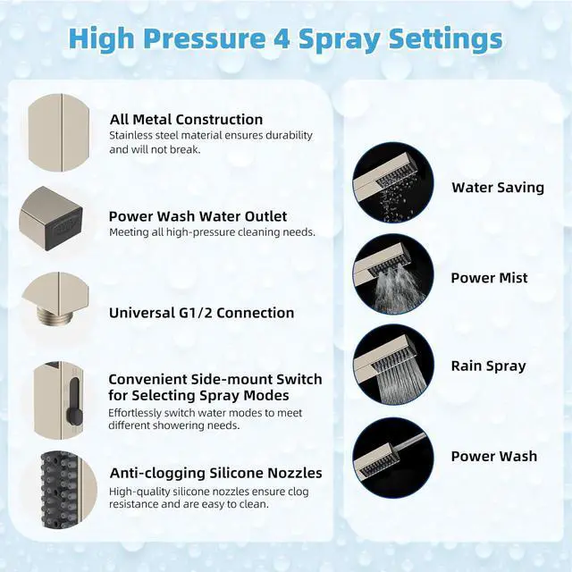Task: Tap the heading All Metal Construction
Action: click(x=186, y=119)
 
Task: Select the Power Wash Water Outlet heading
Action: click(x=198, y=216)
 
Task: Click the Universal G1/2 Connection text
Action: click(x=201, y=313)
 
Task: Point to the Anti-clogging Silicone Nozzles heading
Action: click(x=216, y=473)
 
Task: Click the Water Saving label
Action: click(x=498, y=188)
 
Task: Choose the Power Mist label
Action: click(x=489, y=278)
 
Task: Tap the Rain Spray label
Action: click(x=489, y=366)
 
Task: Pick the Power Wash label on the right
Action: click(x=494, y=456)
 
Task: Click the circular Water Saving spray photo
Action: click(x=393, y=182)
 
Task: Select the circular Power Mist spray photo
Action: click(x=393, y=273)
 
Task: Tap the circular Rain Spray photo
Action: click(x=393, y=365)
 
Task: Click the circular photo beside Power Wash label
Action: click(x=393, y=458)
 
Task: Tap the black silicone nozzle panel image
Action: click(x=61, y=490)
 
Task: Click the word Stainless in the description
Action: click(x=130, y=135)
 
